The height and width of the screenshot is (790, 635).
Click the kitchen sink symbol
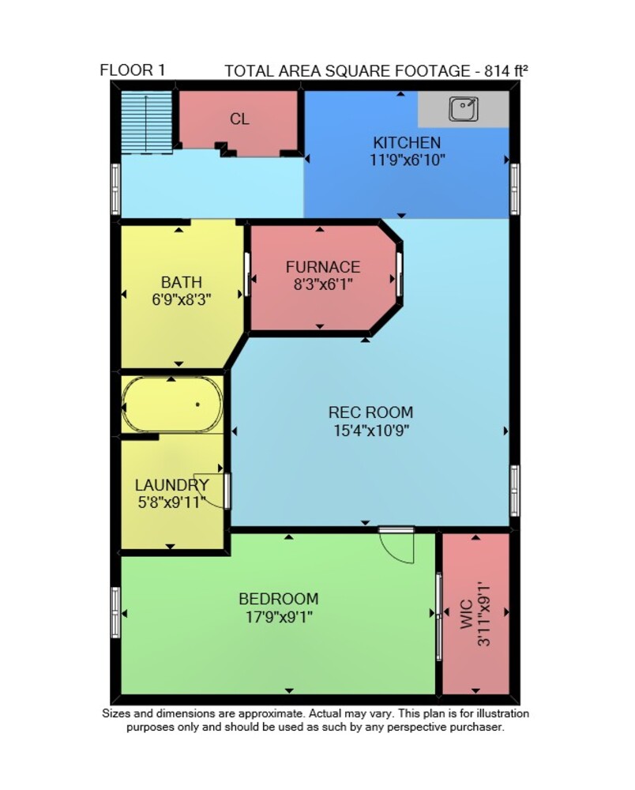pos(464,109)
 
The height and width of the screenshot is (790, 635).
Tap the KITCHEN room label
pos(407,142)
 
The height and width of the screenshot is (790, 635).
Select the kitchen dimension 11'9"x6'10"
pos(408,160)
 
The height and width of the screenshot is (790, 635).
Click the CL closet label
pos(239,119)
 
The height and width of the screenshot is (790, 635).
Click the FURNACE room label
pos(323,266)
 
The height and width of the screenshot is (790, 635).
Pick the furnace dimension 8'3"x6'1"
pos(323,284)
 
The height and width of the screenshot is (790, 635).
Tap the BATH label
pos(182,282)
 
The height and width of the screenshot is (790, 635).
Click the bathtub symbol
pos(172,404)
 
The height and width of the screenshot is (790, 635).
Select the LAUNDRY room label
pos(171,485)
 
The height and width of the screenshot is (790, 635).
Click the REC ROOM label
pos(370,412)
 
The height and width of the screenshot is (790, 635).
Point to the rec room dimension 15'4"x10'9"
pos(370,431)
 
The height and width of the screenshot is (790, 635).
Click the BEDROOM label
pos(279,599)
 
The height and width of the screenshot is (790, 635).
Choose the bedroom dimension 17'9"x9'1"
pos(279,617)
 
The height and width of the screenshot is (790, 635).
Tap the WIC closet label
pos(466,614)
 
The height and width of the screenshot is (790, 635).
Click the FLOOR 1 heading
pos(133,70)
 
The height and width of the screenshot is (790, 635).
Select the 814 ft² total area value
pos(505,70)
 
